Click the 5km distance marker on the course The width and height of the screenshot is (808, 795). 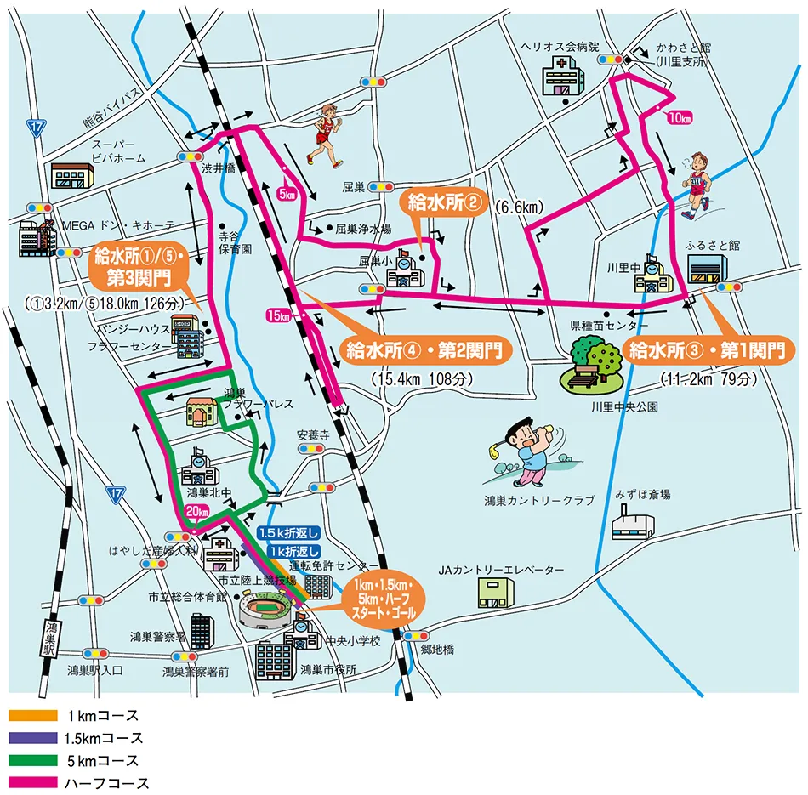coord(287,194)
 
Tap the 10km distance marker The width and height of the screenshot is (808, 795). coord(680,117)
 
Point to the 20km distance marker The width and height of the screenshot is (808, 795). coord(196,512)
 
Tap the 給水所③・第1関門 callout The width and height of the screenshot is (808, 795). coord(705,349)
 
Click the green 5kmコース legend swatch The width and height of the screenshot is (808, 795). coord(32,760)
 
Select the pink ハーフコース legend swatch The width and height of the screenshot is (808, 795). coord(32,782)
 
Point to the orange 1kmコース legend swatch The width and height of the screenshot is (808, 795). coord(32,716)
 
